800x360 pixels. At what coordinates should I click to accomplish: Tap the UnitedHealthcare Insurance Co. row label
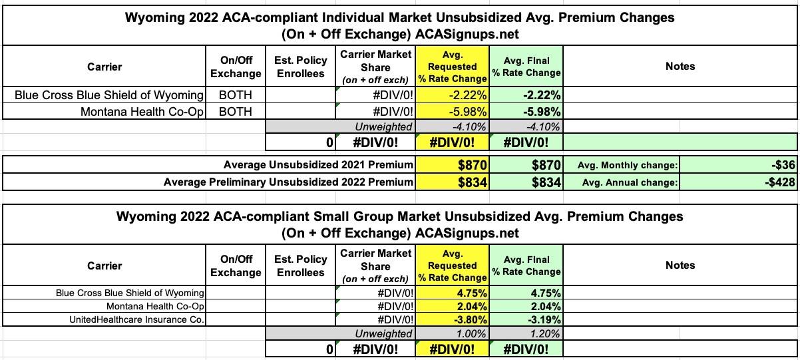(x=136, y=319)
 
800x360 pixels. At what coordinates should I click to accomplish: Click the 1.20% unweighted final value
(x=544, y=333)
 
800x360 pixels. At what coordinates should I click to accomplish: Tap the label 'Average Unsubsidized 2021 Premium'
(x=318, y=164)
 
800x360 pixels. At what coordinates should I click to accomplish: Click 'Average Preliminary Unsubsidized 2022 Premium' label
(x=288, y=182)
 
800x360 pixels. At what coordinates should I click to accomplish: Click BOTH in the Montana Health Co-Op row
(x=236, y=111)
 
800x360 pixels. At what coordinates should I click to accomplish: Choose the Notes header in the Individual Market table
(x=680, y=66)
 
